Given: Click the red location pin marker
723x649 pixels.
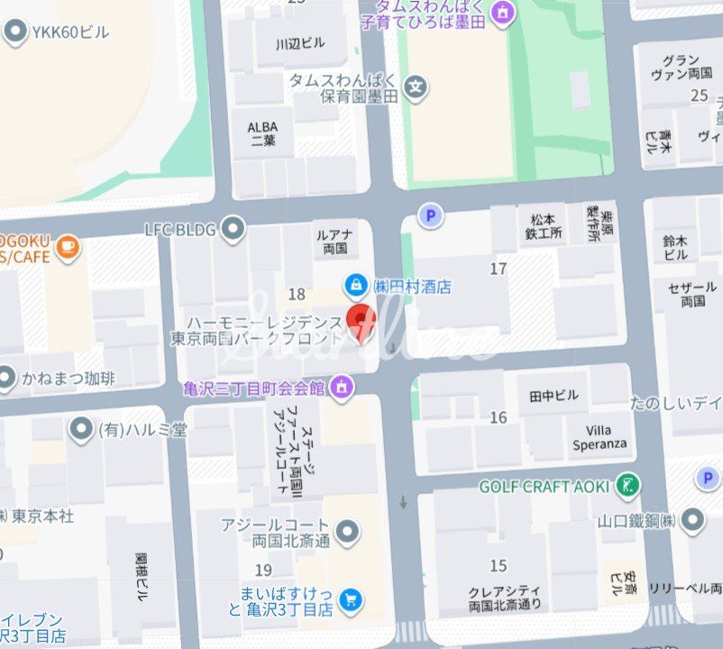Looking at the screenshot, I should (361, 321).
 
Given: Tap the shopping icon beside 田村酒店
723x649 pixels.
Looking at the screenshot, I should (357, 286).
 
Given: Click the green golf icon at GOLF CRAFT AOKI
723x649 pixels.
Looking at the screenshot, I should (628, 486).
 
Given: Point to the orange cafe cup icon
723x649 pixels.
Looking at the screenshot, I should (69, 246).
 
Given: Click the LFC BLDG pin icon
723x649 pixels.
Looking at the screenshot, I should (233, 229).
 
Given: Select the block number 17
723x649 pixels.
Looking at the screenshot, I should (498, 269).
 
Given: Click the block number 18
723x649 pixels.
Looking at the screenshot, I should (297, 294).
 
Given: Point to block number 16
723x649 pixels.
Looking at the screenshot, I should (499, 417).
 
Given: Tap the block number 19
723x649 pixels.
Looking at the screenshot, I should (263, 570).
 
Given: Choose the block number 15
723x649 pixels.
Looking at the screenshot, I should (499, 566).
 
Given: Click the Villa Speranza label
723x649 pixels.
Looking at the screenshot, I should (599, 438).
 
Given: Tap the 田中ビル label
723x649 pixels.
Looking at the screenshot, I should (554, 396).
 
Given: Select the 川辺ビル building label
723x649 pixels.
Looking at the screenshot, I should (300, 43).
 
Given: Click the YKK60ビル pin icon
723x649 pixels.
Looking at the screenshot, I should (15, 32).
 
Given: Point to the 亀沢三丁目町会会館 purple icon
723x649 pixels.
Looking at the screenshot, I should (342, 388).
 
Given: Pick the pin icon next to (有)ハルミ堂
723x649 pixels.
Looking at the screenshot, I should (82, 429).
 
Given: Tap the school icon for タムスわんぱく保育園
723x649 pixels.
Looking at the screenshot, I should (415, 87).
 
